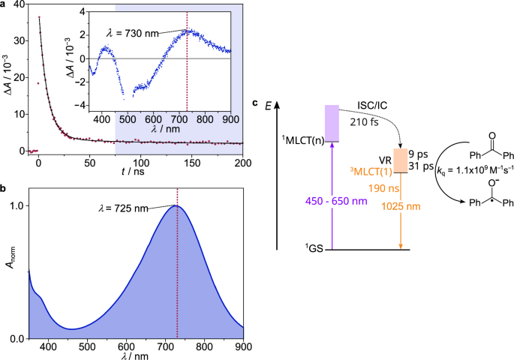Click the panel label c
click(257, 103)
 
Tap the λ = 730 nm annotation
click(135, 33)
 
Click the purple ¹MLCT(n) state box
click(332, 123)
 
